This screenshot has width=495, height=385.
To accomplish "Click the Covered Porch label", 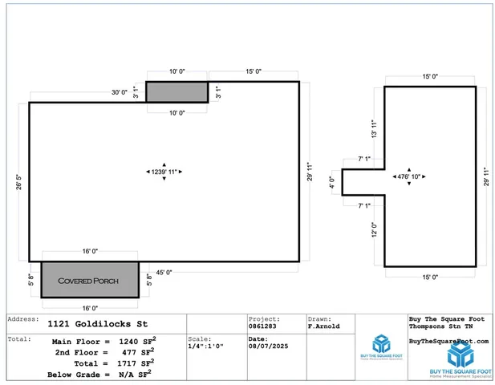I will pos(89,282).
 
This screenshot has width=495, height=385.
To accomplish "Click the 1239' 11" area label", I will pos(164,172).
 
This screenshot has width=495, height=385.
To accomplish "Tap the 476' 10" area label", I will pos(409,176).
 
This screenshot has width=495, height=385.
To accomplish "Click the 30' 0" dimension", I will pos(120,93).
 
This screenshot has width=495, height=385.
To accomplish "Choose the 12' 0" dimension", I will pos(373,230).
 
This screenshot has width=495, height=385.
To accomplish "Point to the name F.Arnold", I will pos(324,327).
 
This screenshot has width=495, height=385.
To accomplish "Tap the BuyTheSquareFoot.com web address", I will pos(448,341).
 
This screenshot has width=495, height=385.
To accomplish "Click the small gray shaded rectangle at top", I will pos(176,92).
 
